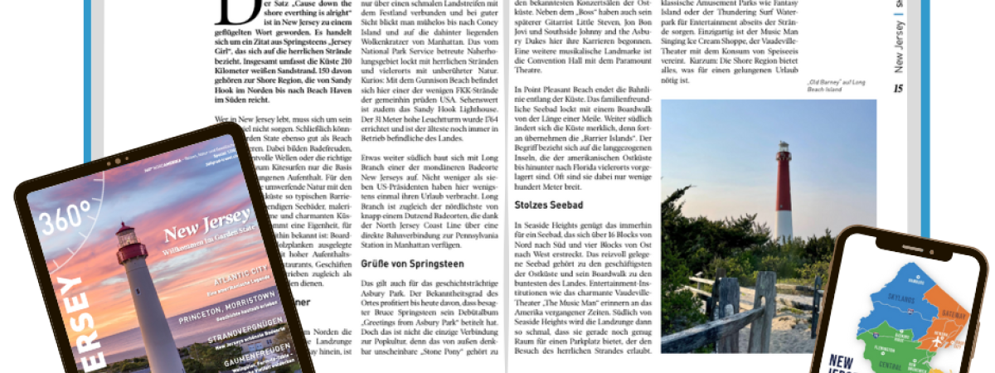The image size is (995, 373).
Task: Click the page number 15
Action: [x=897, y=89]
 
